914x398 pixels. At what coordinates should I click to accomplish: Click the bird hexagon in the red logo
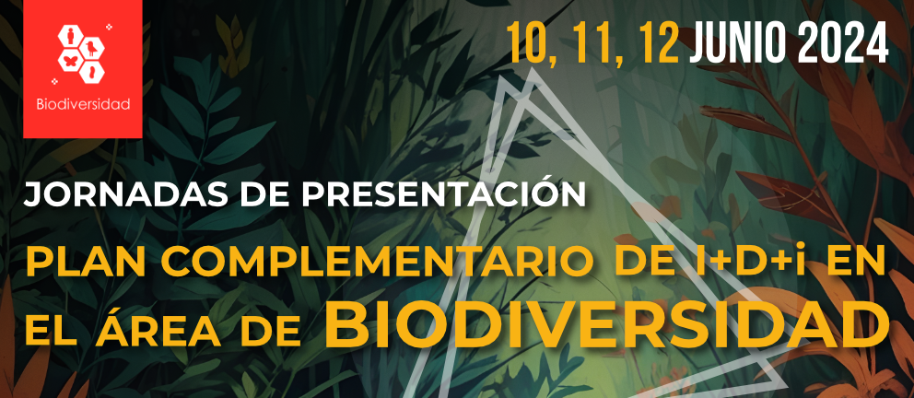(x=91, y=47)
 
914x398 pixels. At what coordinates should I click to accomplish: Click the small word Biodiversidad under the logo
(x=83, y=105)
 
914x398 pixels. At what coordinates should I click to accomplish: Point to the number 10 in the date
(x=527, y=43)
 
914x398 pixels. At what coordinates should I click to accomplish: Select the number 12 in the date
(x=659, y=42)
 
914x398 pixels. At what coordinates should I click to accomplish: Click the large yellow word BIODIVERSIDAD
(x=607, y=322)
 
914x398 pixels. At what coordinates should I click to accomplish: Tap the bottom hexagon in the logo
(x=91, y=72)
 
